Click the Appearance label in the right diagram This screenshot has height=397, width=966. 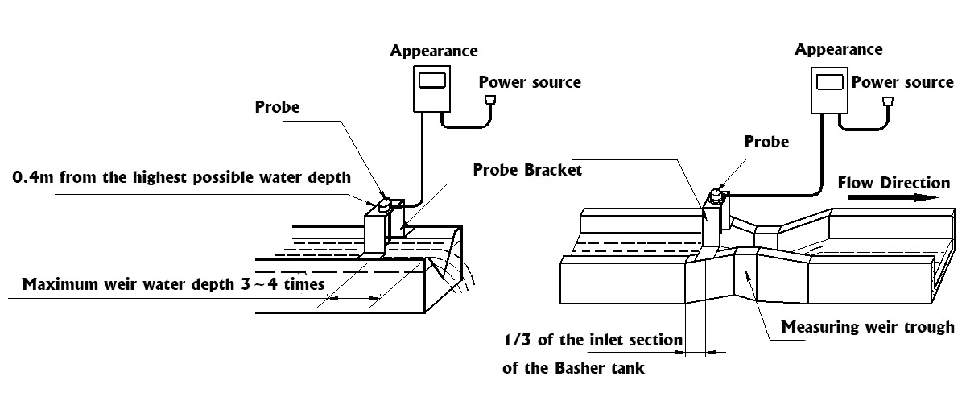[x=838, y=49]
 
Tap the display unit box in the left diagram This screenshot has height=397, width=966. [x=431, y=89]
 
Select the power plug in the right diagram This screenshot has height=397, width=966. [x=888, y=101]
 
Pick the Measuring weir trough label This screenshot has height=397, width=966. [x=868, y=328]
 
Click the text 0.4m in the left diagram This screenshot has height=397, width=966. [x=31, y=177]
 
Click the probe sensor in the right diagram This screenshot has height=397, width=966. [x=714, y=193]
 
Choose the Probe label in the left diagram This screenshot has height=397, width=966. [x=277, y=107]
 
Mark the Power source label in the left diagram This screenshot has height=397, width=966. [x=530, y=82]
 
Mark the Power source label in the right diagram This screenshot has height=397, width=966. [x=902, y=82]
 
